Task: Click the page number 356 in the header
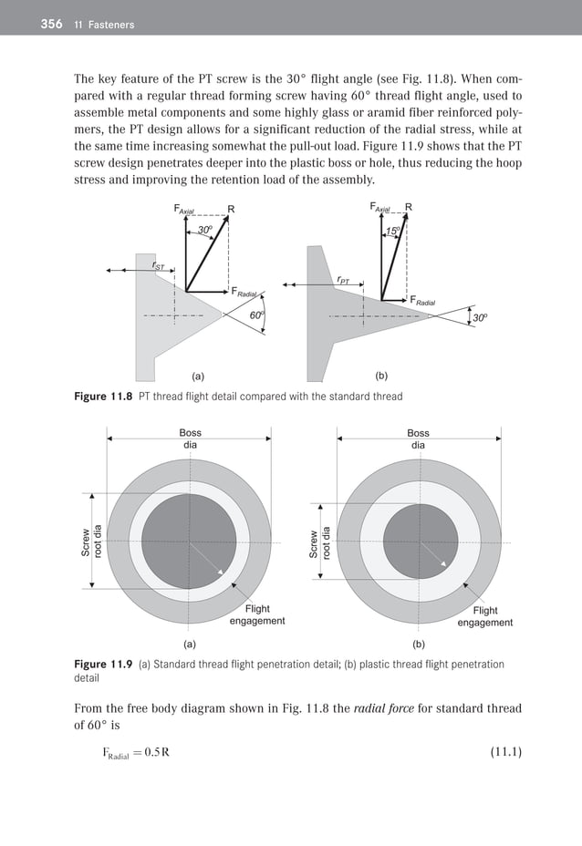[51, 25]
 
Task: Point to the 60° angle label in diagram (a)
[257, 315]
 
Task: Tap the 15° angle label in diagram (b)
[393, 232]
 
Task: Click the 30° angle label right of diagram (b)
[480, 318]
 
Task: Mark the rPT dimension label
[343, 280]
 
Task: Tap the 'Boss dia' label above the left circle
[190, 439]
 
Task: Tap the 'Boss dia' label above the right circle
[418, 439]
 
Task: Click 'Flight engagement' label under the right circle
[484, 616]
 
